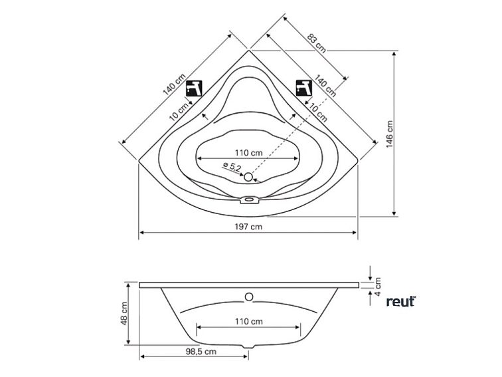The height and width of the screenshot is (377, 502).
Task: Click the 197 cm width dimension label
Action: tap(248, 227)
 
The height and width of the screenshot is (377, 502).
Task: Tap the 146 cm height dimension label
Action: tap(389, 134)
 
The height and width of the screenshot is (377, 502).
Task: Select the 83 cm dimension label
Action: tap(317, 43)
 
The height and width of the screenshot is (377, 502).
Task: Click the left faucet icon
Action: tap(194, 88)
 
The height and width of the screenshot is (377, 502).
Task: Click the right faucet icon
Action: tap(304, 88)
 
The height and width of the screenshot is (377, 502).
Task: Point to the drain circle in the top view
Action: tap(248, 177)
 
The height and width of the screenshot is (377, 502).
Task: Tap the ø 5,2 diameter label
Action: tap(232, 167)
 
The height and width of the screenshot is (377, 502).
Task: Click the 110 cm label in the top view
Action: tap(248, 153)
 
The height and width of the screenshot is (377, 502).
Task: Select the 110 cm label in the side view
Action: tap(249, 321)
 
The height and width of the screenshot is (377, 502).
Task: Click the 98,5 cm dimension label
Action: tap(201, 352)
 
